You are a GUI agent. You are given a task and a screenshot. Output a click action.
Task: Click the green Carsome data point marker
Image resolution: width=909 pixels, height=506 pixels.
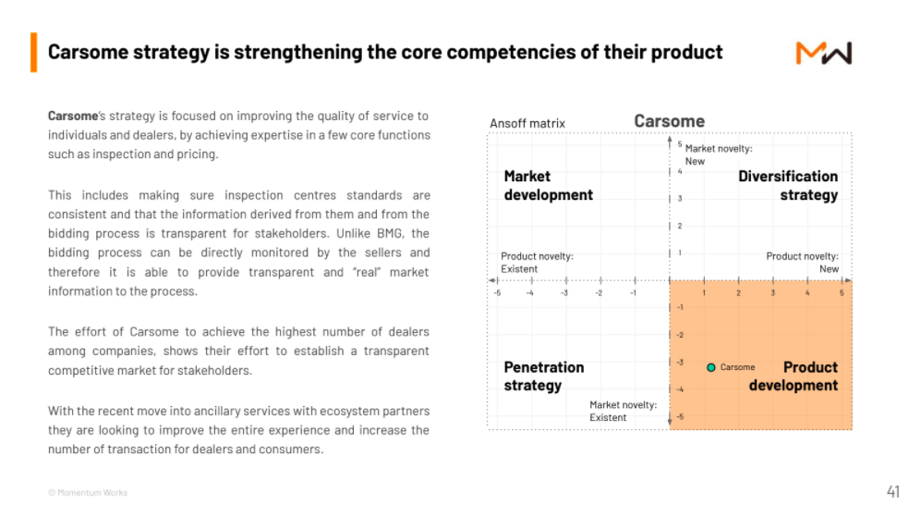710,367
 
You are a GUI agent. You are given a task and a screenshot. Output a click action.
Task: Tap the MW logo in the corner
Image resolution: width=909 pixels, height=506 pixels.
824,53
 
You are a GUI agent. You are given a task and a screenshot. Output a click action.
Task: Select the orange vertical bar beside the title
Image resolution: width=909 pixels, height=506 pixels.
33,52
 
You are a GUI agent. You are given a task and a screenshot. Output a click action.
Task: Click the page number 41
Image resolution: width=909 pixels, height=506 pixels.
892,491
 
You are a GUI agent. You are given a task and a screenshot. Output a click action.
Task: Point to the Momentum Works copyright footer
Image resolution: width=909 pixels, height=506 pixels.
88,493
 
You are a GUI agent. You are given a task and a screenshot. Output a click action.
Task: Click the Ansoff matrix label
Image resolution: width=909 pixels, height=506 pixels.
527,124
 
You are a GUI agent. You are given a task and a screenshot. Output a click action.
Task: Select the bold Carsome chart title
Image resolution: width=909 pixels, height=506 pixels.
669,121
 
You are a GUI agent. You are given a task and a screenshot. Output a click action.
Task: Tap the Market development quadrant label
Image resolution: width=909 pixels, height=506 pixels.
549,186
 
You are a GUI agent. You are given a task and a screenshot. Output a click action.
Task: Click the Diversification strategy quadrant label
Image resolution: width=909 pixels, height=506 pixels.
788,186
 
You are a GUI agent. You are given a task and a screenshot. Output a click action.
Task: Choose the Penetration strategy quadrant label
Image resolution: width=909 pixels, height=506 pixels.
544,376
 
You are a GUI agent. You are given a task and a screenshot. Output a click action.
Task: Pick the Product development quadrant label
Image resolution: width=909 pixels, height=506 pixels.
793,376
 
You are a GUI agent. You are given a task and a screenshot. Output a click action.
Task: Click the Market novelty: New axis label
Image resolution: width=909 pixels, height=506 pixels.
719,154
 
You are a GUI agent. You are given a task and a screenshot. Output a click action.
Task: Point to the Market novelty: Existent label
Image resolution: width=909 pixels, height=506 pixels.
624,411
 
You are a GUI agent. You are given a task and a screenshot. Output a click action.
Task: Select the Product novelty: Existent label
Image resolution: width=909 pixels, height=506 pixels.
537,263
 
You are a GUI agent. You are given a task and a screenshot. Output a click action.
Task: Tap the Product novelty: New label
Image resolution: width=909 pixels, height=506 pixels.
803,263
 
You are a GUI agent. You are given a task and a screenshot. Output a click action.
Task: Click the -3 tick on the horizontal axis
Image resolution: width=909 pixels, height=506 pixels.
564,293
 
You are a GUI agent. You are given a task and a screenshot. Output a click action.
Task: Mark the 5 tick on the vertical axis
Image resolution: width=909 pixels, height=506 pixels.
680,144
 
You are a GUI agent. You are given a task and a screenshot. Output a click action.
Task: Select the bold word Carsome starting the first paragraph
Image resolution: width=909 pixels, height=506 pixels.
73,116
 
